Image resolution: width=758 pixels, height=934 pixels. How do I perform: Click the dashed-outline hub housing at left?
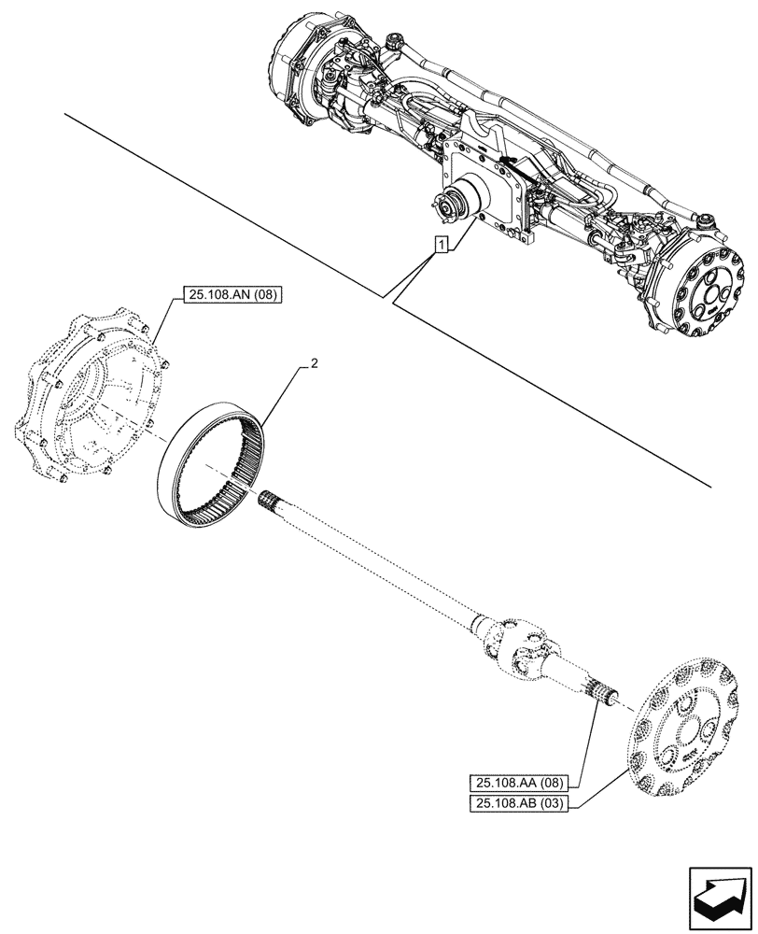(88, 397)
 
